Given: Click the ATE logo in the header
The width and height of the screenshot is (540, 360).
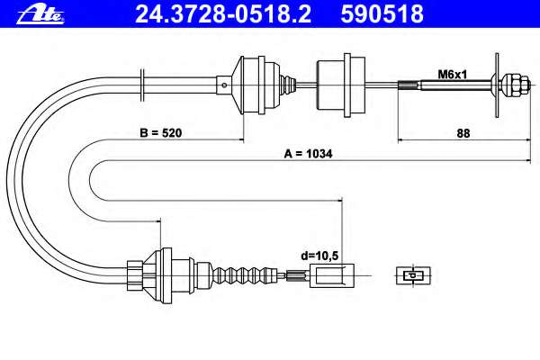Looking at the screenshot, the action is (x=40, y=14).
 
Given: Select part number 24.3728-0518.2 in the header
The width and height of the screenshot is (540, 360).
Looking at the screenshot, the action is (x=223, y=14).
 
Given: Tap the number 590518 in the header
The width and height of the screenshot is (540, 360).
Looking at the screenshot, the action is (x=382, y=14).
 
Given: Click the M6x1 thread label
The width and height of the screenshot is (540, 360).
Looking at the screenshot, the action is (x=452, y=74).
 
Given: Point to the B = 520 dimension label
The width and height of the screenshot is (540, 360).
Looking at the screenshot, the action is (x=161, y=132).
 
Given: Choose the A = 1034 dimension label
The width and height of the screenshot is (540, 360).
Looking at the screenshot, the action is (x=308, y=154).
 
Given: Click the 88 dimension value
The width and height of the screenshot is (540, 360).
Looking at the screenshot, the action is (x=463, y=133).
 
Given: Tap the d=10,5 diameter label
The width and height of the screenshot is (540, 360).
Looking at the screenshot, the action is (x=319, y=256).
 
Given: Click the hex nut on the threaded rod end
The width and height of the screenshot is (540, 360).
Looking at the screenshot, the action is (x=514, y=85).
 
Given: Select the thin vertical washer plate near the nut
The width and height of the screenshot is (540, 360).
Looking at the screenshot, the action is (x=497, y=85).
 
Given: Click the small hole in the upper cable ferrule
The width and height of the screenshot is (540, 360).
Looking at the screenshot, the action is (x=224, y=85).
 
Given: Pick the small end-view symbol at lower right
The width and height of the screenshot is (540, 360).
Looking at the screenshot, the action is (x=413, y=275).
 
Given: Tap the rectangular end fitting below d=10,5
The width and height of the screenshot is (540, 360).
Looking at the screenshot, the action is (x=332, y=275).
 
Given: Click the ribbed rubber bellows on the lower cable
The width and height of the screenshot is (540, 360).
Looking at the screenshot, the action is (x=246, y=275).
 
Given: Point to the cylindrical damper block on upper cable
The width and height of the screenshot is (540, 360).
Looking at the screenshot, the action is (x=341, y=85).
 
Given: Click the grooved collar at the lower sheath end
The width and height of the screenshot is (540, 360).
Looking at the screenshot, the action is (x=135, y=275).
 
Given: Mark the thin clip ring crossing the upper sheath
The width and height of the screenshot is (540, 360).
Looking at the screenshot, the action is (x=142, y=85).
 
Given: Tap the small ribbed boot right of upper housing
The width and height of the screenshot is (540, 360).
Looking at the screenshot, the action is (x=288, y=85).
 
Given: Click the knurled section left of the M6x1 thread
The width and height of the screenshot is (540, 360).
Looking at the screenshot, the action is (x=409, y=85).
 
